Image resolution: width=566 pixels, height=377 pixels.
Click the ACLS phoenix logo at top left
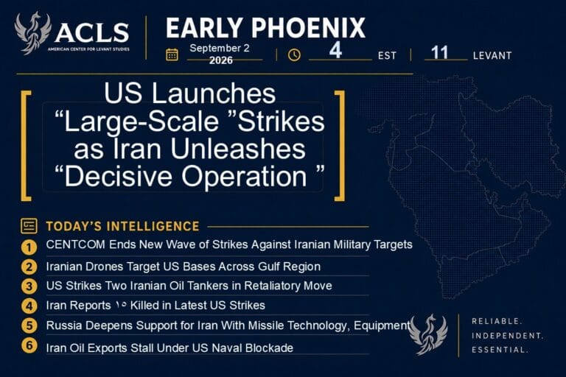pos(33,33)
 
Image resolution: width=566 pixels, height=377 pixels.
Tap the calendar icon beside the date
pos(172,54)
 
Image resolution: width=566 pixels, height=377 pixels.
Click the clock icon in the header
pos(294,54)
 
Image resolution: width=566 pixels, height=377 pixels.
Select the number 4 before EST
pos(336,51)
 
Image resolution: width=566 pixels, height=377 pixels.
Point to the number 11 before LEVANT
pos(440,53)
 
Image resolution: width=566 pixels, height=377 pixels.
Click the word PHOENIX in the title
pos(308,28)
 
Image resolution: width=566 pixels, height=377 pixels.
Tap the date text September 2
pos(220,49)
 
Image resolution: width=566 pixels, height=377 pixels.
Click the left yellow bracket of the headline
pos(26,146)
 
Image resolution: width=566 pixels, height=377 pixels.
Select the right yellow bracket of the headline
pos(340,146)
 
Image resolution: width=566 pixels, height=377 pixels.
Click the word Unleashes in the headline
pos(238,149)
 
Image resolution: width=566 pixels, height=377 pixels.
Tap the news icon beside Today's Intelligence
pos(29,226)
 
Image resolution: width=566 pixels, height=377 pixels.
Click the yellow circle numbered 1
pos(29,247)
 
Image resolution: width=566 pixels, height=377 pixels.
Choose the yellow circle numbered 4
pos(29,306)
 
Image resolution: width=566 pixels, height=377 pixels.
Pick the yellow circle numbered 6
pos(29,345)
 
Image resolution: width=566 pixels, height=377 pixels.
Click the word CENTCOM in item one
pos(76,244)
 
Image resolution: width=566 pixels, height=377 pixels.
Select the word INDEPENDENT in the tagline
pos(507,336)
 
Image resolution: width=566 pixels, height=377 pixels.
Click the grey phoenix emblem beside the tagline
pos(428,334)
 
